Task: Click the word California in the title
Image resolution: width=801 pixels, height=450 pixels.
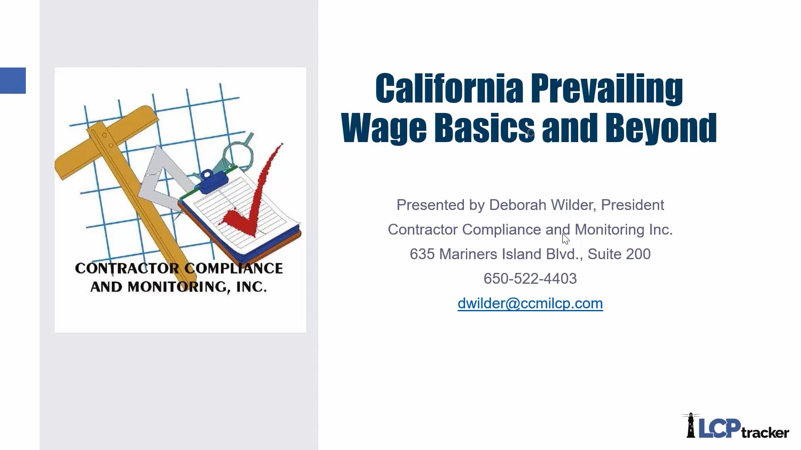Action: [x=449, y=88]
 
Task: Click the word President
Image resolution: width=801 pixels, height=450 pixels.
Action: [x=632, y=205]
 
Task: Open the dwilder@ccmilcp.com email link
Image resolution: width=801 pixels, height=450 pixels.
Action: [x=530, y=303]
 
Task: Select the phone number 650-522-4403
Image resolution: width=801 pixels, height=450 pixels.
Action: [x=530, y=279]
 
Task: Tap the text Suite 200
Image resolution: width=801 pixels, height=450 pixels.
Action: [x=619, y=254]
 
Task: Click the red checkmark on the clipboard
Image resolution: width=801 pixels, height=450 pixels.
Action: [x=250, y=200]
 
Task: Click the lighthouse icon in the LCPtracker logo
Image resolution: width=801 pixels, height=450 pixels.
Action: [x=691, y=426]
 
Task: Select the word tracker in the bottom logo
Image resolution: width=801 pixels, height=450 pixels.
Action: [x=765, y=432]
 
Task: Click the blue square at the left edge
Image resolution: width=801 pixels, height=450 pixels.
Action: [x=13, y=80]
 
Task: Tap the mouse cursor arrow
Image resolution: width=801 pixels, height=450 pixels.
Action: [x=565, y=239]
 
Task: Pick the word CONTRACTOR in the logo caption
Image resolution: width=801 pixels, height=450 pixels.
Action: [x=127, y=268]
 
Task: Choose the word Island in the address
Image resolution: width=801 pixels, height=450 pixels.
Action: [x=521, y=254]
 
